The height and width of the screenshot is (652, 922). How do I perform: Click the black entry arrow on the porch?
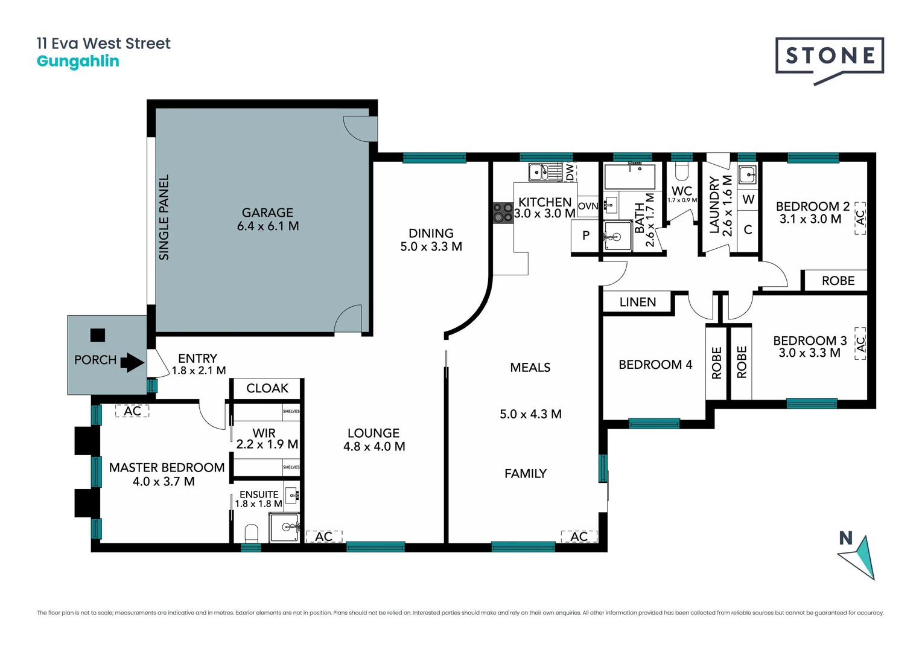point(132,363)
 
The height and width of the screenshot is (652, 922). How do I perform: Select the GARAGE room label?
point(267,213)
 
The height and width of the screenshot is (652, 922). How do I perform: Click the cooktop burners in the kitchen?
point(503,212)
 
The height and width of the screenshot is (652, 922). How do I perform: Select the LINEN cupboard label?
point(638,302)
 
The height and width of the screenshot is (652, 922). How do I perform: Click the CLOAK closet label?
point(267,388)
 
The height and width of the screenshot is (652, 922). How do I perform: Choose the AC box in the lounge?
point(324,536)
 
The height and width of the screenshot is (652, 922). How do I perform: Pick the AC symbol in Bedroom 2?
point(860,218)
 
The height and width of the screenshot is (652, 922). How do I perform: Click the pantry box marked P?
point(585,235)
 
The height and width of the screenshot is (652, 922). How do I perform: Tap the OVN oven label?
point(588,206)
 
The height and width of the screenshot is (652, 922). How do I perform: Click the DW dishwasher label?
point(570,172)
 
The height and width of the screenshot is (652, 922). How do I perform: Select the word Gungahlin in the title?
point(78,61)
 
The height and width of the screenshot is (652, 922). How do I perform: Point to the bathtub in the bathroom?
point(630,177)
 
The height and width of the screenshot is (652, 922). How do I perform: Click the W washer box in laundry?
point(748,199)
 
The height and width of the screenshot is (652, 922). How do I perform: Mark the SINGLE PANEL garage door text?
point(164,217)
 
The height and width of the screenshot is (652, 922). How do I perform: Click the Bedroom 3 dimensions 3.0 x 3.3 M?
point(809,353)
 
